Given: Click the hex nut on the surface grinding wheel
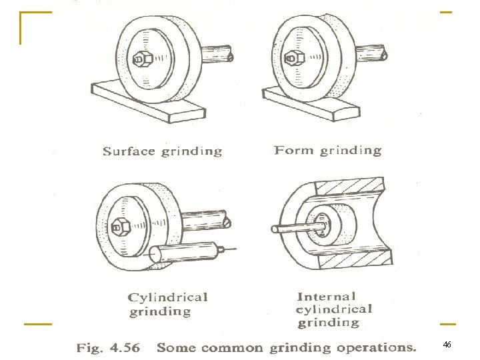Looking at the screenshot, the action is pyautogui.click(x=143, y=59).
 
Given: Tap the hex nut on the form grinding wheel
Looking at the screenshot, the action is pyautogui.click(x=294, y=57).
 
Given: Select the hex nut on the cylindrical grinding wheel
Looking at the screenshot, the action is pyautogui.click(x=121, y=227).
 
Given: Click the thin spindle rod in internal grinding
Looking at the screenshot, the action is pyautogui.click(x=299, y=228).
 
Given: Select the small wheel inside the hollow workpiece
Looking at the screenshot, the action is pyautogui.click(x=332, y=225).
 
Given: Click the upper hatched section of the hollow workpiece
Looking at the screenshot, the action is pyautogui.click(x=350, y=187).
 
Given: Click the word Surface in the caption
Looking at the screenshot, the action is pyautogui.click(x=129, y=151).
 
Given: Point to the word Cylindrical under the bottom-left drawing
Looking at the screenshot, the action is pyautogui.click(x=168, y=297).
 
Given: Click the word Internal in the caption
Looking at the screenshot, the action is pyautogui.click(x=326, y=296).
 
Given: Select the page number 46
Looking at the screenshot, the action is pyautogui.click(x=447, y=345).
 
